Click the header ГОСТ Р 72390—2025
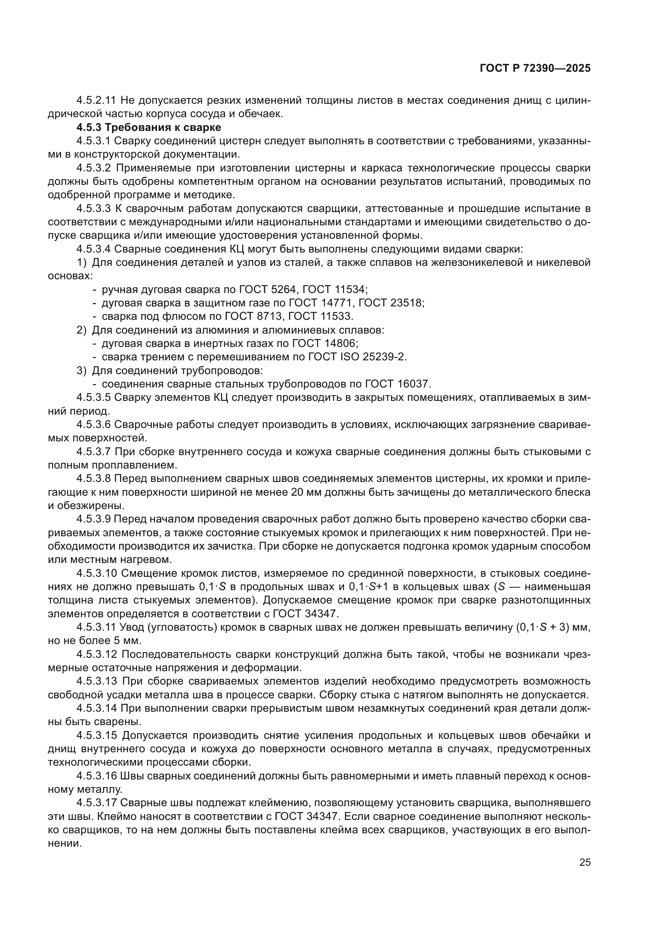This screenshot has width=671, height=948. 535,68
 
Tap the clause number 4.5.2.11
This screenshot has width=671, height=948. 96,101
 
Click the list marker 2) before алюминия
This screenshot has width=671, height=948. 82,330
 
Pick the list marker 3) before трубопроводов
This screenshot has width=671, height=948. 82,371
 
